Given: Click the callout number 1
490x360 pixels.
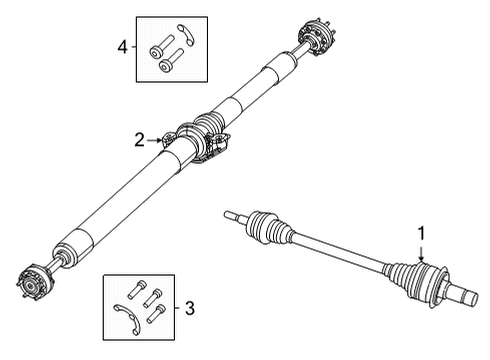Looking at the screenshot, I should tap(422, 233).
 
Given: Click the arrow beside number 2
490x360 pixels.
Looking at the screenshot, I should tap(159, 141).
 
